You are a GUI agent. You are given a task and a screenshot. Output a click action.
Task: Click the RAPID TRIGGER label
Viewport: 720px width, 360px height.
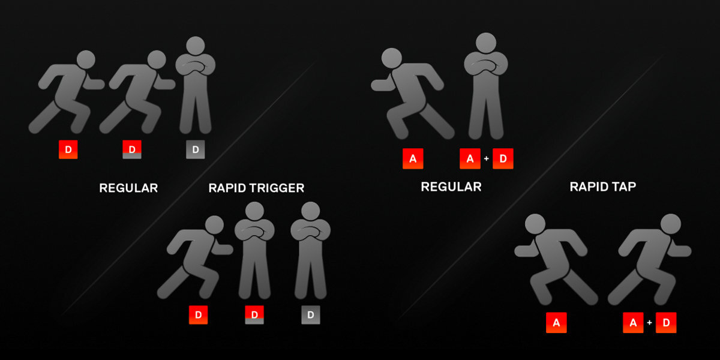[256, 188]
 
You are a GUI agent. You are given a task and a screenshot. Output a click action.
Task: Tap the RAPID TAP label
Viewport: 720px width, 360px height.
[602, 187]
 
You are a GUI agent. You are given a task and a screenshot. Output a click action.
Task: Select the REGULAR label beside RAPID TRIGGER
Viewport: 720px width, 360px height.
[128, 188]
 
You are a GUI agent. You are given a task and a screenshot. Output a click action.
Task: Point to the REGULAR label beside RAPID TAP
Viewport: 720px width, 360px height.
[451, 187]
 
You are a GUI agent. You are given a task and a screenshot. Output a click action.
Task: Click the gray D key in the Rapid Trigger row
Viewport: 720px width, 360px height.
[310, 314]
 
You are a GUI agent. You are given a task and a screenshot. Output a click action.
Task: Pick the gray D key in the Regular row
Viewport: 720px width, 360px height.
[195, 149]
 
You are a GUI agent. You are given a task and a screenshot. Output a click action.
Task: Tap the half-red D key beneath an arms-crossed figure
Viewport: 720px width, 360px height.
[254, 314]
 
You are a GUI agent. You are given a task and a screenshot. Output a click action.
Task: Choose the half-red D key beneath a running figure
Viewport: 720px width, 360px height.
[132, 149]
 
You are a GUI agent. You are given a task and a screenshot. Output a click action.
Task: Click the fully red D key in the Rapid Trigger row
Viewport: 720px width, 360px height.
[198, 314]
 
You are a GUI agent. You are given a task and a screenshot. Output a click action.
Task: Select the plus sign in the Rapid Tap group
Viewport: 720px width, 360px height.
[649, 323]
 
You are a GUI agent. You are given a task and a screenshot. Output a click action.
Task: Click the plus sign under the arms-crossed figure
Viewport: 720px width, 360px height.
[486, 159]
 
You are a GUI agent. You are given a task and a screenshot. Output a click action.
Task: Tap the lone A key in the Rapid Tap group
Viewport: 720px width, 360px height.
[556, 323]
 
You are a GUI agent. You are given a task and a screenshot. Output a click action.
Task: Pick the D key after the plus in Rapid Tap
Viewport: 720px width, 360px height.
[666, 323]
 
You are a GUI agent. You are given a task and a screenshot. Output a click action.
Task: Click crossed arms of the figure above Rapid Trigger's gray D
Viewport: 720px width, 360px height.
[310, 231]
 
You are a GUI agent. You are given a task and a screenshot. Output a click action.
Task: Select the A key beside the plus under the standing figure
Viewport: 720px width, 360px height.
[470, 159]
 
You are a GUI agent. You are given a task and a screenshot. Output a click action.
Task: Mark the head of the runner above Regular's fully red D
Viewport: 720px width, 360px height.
[86, 59]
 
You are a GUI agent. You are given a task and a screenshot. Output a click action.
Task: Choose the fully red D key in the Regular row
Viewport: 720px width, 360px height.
[68, 149]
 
